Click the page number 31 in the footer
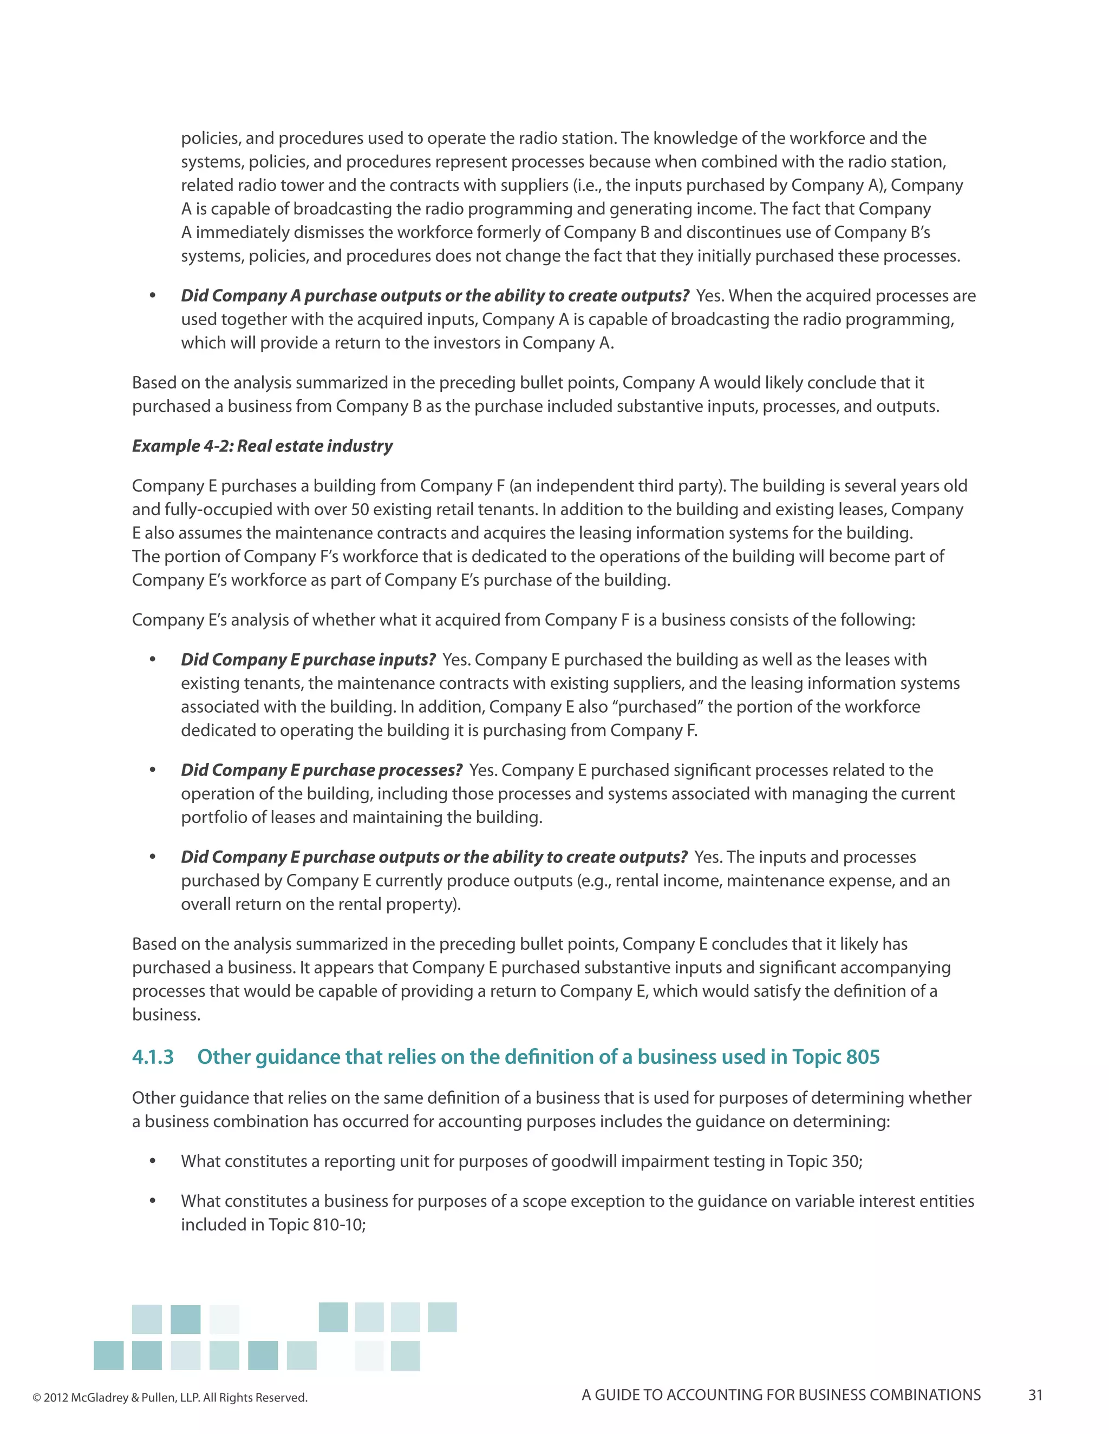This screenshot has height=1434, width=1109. (x=1035, y=1395)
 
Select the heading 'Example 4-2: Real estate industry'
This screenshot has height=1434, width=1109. (x=262, y=446)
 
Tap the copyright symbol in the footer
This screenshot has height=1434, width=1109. (x=37, y=1398)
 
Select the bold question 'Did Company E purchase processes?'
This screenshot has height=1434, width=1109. (x=321, y=770)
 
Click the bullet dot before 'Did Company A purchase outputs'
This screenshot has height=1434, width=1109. (x=152, y=296)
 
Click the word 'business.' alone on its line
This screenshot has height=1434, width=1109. (x=166, y=1015)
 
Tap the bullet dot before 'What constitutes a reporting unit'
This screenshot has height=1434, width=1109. (x=152, y=1161)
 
